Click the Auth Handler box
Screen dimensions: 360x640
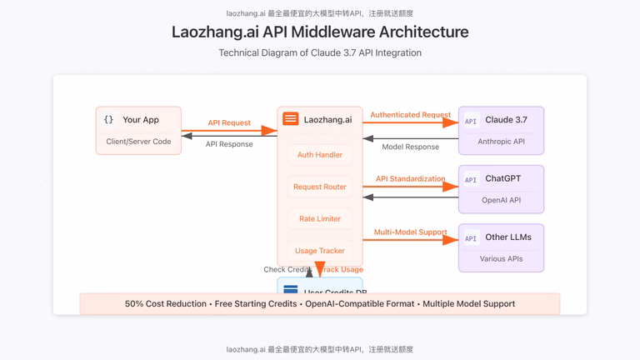click(320, 155)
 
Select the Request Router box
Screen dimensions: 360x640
click(320, 187)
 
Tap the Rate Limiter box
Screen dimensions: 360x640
click(320, 218)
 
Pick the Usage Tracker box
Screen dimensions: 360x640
click(320, 250)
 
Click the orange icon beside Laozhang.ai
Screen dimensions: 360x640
click(290, 119)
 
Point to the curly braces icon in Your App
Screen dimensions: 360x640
click(108, 120)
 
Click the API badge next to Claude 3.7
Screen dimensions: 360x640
click(471, 121)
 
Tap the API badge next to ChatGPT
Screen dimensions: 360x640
click(471, 179)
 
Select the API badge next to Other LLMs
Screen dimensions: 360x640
click(471, 238)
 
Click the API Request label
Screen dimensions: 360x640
click(229, 122)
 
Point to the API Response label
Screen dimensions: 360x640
click(229, 144)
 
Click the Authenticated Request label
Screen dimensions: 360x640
click(410, 115)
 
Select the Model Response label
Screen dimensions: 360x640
click(410, 147)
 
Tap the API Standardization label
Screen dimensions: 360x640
click(410, 178)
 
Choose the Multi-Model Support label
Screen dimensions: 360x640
click(410, 232)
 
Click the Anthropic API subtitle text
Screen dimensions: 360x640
click(501, 142)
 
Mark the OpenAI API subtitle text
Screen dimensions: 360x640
click(501, 200)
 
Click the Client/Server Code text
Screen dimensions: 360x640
click(138, 142)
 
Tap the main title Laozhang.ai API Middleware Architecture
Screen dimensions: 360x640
click(320, 32)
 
